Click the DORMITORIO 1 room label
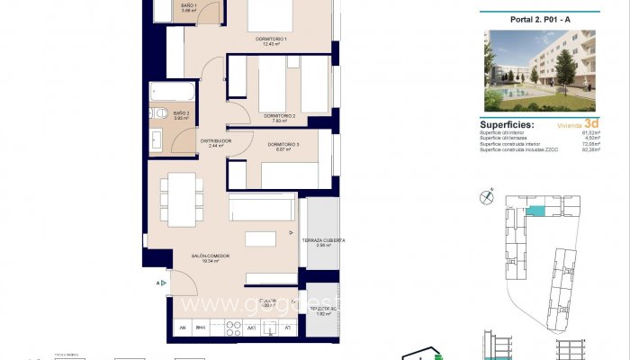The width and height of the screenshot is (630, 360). (x=270, y=40)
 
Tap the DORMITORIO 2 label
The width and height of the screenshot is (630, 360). (x=280, y=116)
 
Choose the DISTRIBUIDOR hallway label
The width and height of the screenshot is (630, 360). (x=216, y=142)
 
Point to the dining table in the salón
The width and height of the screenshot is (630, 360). (x=182, y=200)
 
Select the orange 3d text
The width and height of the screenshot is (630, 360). (x=591, y=124)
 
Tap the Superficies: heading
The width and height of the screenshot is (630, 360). (x=507, y=125)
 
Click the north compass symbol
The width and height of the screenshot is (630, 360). (x=488, y=193)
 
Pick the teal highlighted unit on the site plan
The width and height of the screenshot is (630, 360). (x=536, y=211)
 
